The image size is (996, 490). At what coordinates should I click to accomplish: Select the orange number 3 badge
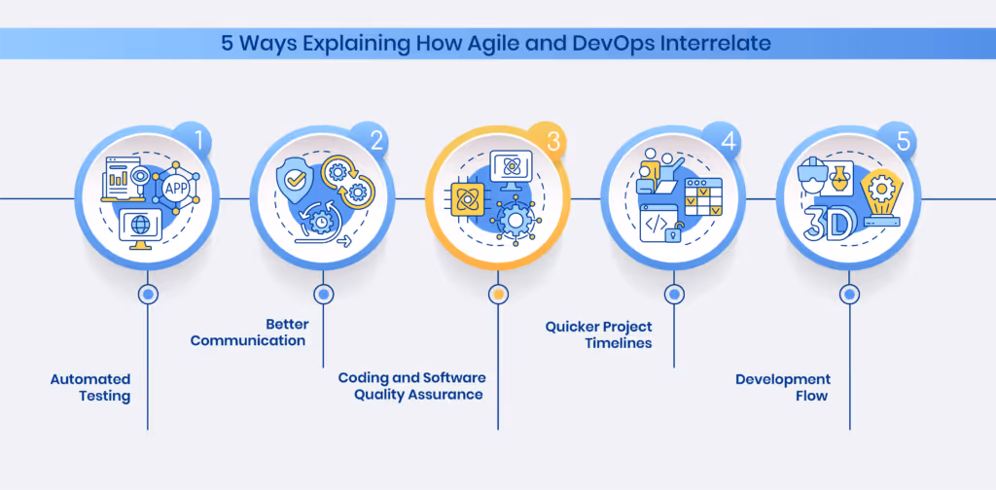pos(552,142)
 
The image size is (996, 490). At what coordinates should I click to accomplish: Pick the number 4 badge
pos(728,142)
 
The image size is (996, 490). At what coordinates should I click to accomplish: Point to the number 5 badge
pos(904,142)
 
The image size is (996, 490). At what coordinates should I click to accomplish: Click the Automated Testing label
pos(90,387)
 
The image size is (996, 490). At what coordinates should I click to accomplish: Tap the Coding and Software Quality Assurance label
pos(411,386)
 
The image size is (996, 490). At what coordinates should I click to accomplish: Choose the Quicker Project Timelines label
pos(598,333)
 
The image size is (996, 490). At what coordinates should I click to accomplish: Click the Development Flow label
pos(782,387)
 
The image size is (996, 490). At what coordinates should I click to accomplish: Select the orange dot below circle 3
pos(498,294)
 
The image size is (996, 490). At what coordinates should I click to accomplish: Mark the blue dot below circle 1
pos(148,294)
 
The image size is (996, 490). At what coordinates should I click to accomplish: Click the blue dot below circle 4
pos(673,294)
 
